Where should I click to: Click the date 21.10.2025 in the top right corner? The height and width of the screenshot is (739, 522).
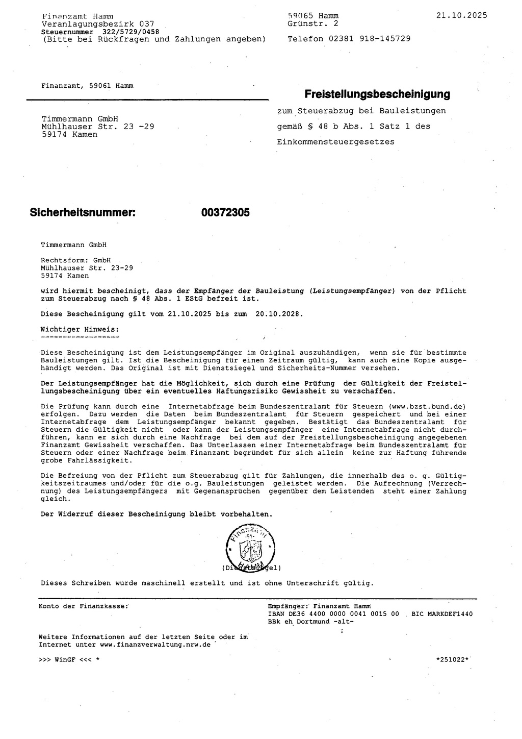pos(461,15)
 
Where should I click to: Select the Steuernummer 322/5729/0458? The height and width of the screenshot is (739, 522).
pos(127,32)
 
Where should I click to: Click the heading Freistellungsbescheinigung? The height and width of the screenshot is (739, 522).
pos(377,94)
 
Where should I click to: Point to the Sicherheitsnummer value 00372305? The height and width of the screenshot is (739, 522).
pos(225,213)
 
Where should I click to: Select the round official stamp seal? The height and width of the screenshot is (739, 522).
pos(249,547)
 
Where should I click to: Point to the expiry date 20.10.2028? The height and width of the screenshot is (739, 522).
pos(278,314)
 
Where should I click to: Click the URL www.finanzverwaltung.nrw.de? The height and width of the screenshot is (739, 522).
pos(155,645)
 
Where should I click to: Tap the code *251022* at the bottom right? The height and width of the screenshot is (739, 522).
pos(452,659)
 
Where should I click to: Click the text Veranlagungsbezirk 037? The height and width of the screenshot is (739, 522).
pos(97,23)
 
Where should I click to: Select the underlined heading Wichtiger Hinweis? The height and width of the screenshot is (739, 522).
pos(80,330)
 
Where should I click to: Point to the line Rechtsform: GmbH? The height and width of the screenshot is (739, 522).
pos(75,260)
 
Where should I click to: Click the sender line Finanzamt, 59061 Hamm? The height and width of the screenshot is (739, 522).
pos(87,86)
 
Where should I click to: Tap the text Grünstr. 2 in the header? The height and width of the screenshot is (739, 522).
pos(312,23)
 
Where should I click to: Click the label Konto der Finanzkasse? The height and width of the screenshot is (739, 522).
pos(83,606)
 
